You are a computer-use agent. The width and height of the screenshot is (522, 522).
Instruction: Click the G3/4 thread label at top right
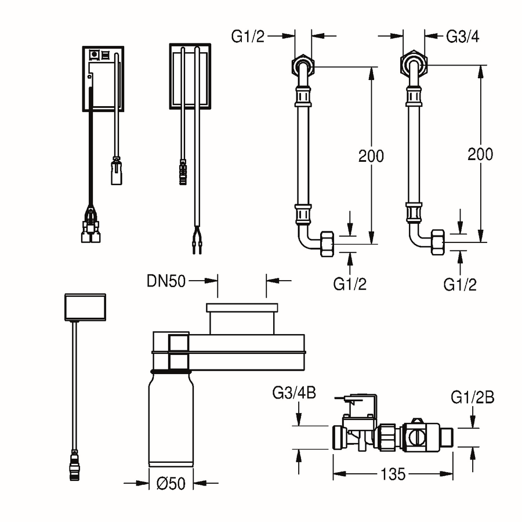pyautogui.click(x=462, y=37)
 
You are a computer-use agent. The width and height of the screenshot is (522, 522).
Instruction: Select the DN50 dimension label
pyautogui.click(x=166, y=281)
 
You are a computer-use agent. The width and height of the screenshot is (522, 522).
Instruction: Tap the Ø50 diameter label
pyautogui.click(x=171, y=483)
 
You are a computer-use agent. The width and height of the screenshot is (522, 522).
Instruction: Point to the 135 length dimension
pyautogui.click(x=393, y=474)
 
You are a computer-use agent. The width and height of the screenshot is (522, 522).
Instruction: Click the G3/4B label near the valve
pyautogui.click(x=294, y=393)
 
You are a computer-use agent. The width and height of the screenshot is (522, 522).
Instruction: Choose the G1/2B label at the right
pyautogui.click(x=472, y=397)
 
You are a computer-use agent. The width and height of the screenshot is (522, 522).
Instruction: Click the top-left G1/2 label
pyautogui.click(x=248, y=37)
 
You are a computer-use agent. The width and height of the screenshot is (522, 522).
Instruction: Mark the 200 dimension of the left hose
pyautogui.click(x=371, y=156)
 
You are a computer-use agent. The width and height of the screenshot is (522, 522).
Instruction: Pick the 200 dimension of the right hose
pyautogui.click(x=480, y=154)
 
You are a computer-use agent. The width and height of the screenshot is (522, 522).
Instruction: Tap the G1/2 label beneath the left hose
pyautogui.click(x=350, y=284)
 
